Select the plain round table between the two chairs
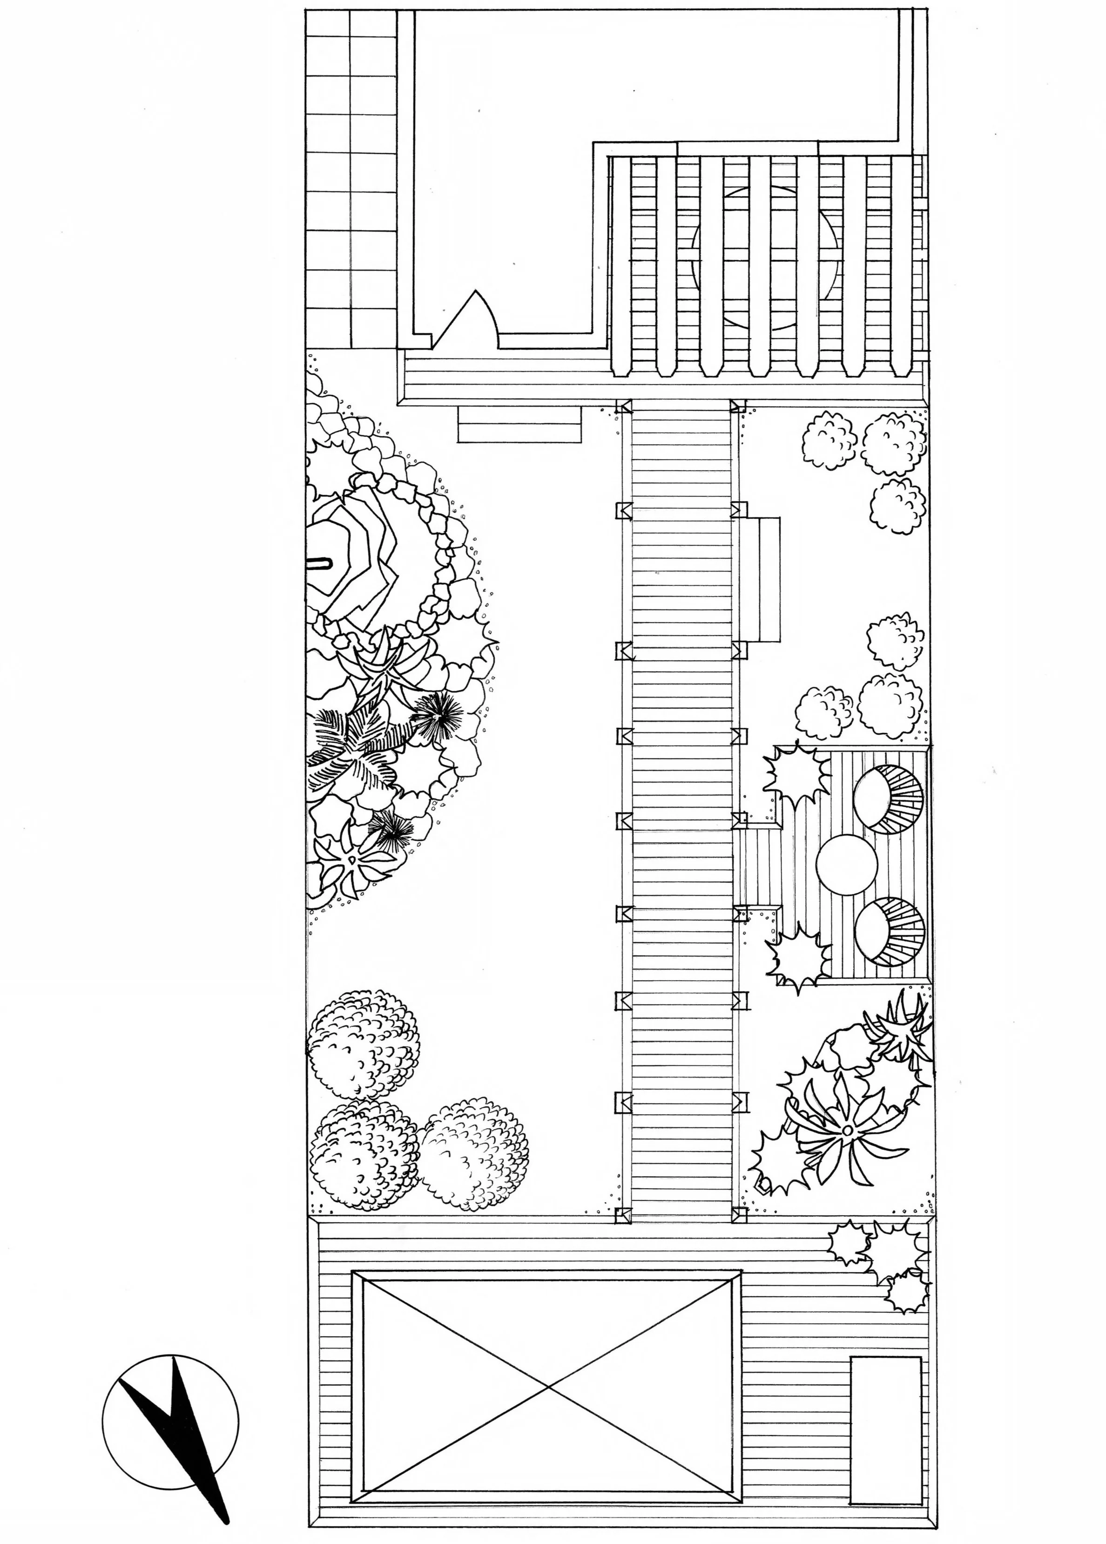(x=847, y=861)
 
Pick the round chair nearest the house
(x=888, y=797)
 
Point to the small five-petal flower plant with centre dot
(x=351, y=861)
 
